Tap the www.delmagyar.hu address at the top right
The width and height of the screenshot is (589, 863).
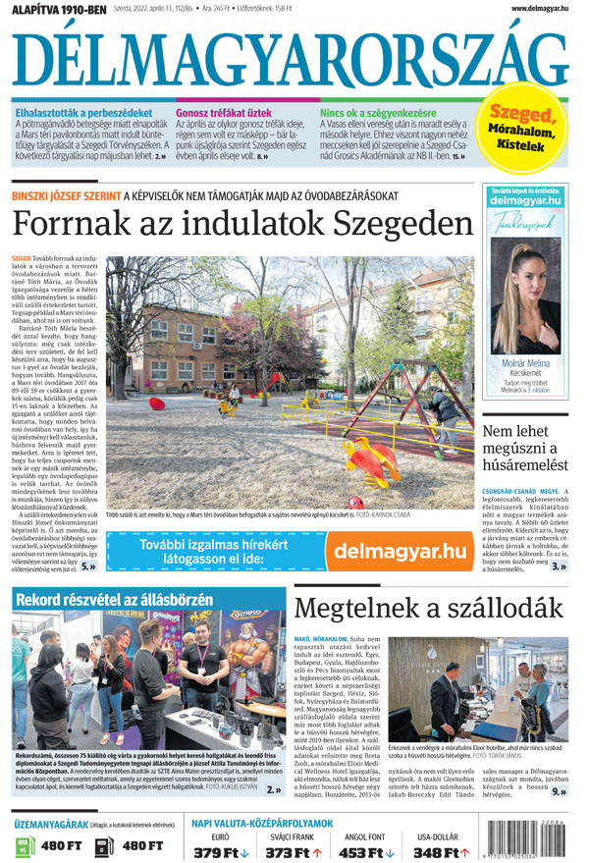pyautogui.click(x=541, y=9)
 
